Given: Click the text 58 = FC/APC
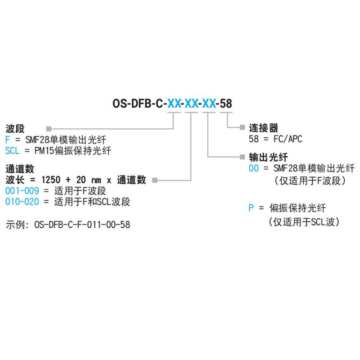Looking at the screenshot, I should [275, 139].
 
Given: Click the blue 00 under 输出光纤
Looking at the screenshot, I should [254, 169].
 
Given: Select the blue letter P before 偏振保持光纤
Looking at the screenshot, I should [252, 208].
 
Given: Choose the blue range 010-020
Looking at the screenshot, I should [22, 202].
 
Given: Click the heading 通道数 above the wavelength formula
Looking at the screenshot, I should [20, 169].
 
